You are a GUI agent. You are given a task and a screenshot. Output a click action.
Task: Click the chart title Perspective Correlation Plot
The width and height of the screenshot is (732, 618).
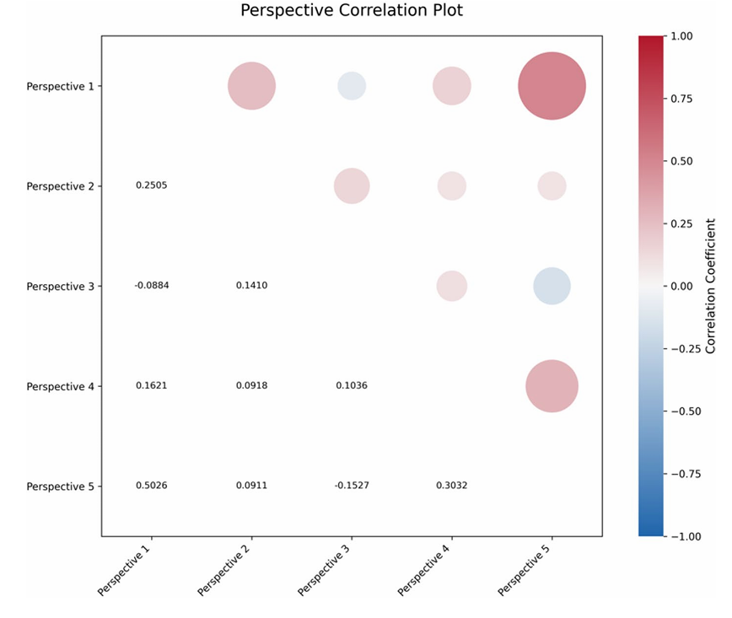pyautogui.click(x=351, y=12)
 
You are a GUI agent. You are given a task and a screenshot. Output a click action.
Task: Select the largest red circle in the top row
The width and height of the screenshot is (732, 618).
pyautogui.click(x=552, y=86)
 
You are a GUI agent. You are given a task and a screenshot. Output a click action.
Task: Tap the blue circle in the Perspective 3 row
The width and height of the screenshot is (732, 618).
pyautogui.click(x=552, y=287)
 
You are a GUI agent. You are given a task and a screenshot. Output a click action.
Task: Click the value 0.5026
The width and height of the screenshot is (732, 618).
pyautogui.click(x=152, y=486)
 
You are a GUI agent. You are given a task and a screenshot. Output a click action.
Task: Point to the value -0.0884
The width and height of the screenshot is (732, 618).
pyautogui.click(x=152, y=286)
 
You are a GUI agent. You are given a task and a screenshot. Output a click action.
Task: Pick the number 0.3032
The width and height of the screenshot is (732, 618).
pyautogui.click(x=452, y=486)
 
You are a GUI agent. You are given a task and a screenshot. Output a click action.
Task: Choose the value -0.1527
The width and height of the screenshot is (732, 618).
pyautogui.click(x=352, y=486)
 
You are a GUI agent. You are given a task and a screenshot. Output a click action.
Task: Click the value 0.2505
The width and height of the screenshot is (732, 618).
pyautogui.click(x=152, y=185)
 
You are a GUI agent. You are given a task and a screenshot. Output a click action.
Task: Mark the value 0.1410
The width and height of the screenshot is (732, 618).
pyautogui.click(x=251, y=286)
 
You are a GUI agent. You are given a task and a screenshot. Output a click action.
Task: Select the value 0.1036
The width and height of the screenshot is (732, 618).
pyautogui.click(x=352, y=385)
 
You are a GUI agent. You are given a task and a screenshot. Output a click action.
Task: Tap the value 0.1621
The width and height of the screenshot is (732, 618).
pyautogui.click(x=152, y=385)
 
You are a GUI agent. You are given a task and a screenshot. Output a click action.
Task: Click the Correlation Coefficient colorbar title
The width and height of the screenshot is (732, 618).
pyautogui.click(x=711, y=286)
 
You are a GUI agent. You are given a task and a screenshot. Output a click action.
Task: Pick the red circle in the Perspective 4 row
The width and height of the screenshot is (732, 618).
pyautogui.click(x=552, y=386)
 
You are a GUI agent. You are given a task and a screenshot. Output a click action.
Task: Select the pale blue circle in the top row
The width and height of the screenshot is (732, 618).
pyautogui.click(x=352, y=86)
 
